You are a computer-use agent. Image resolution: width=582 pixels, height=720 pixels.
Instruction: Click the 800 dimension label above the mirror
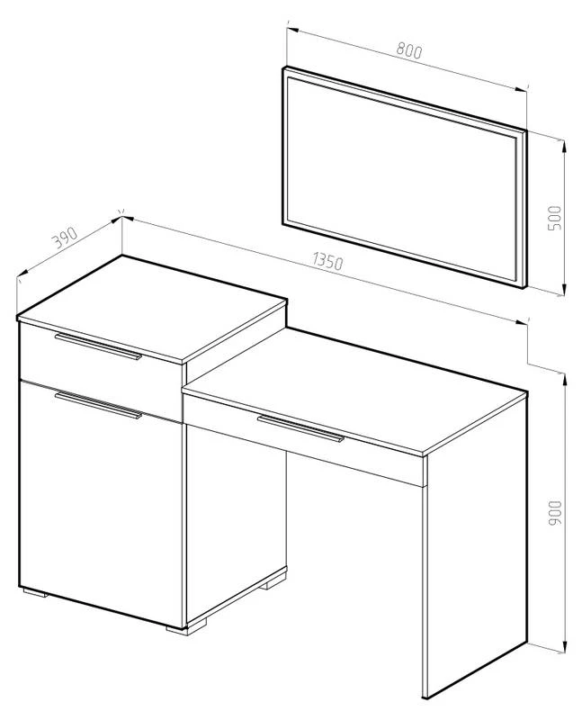tap(408, 50)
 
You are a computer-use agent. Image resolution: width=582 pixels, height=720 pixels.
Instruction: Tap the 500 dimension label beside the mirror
tap(554, 218)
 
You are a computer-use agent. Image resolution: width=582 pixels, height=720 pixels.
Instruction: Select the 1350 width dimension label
tap(327, 261)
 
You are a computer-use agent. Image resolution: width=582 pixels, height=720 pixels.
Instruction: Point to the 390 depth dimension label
tap(64, 237)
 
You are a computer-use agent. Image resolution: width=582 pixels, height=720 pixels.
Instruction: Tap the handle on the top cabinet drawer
tap(98, 346)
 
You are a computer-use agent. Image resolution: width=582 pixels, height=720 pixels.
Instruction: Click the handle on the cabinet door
tap(98, 405)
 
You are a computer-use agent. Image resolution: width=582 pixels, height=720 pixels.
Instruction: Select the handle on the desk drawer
tap(300, 429)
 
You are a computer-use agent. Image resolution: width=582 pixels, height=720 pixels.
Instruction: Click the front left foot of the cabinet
tap(35, 592)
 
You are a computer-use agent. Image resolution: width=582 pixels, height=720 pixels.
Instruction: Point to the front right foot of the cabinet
tap(186, 627)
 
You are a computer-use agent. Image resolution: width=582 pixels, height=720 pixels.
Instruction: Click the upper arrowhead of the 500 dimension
tap(564, 147)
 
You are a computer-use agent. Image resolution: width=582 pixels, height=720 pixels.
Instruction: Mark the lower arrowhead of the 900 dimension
tap(564, 644)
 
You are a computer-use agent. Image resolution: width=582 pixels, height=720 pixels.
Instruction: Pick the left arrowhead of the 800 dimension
tap(293, 31)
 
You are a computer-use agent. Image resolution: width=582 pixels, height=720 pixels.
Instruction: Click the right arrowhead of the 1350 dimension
tap(521, 321)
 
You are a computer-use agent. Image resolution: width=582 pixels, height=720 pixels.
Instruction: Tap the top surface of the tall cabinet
tap(151, 309)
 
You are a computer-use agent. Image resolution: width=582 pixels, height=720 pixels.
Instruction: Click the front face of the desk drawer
tap(303, 437)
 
